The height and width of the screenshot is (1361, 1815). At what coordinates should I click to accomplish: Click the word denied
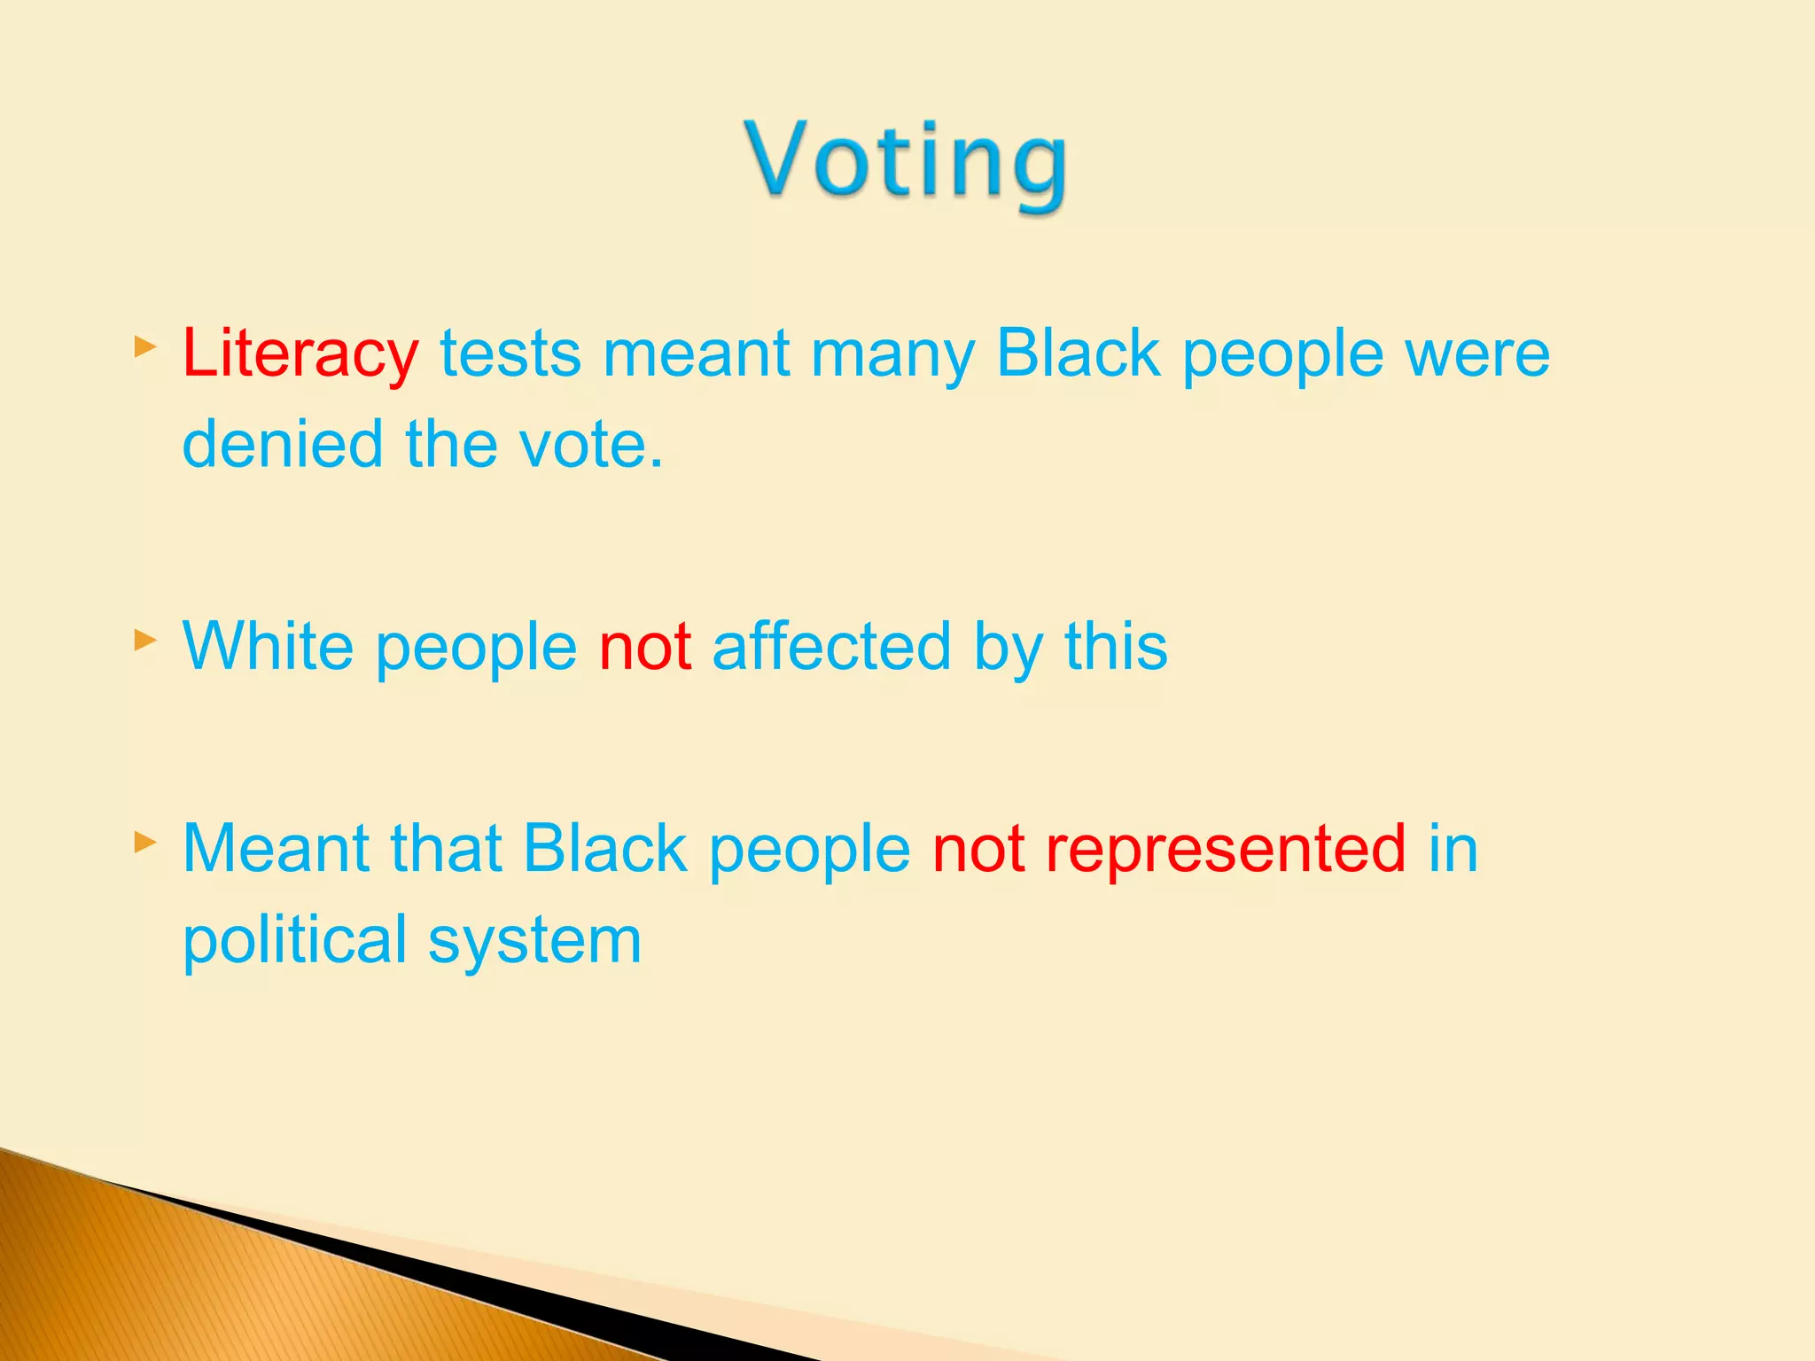pyautogui.click(x=282, y=445)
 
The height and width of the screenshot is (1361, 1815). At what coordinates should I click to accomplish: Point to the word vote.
pyautogui.click(x=589, y=445)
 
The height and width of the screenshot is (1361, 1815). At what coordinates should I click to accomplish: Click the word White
pyautogui.click(x=268, y=647)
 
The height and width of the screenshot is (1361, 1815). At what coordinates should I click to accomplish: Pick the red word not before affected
pyautogui.click(x=644, y=647)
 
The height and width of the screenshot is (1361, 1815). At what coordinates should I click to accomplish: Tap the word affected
pyautogui.click(x=831, y=647)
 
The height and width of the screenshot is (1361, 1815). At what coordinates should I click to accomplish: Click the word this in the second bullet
pyautogui.click(x=1115, y=647)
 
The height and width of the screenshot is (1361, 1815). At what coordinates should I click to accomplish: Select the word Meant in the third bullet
pyautogui.click(x=275, y=849)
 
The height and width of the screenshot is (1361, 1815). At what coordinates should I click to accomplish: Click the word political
pyautogui.click(x=294, y=941)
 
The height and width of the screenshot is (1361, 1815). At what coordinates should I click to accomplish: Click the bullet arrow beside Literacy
pyautogui.click(x=145, y=346)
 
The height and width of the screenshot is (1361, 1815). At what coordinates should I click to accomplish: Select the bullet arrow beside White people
pyautogui.click(x=145, y=639)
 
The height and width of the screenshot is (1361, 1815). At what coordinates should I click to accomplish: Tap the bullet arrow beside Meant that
pyautogui.click(x=145, y=841)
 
